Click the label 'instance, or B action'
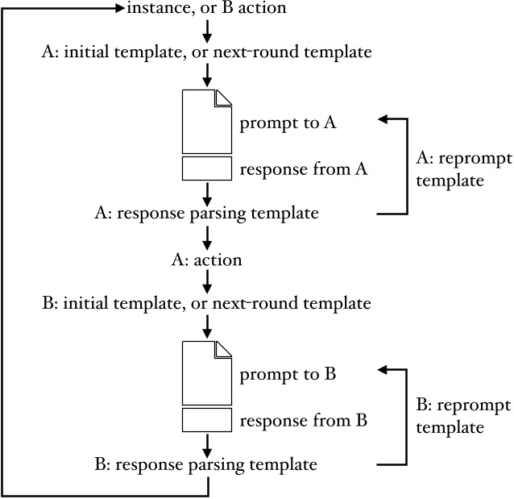click(x=207, y=9)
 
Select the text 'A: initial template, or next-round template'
click(x=207, y=52)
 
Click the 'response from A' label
click(x=304, y=168)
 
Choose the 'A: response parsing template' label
click(x=207, y=214)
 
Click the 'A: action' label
click(x=207, y=260)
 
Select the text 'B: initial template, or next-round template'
click(x=207, y=304)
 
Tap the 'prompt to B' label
click(x=288, y=375)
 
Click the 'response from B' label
click(x=304, y=420)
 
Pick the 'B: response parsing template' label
click(x=207, y=465)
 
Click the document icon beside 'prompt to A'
click(x=207, y=121)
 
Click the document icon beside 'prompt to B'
click(x=207, y=372)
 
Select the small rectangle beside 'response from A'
click(x=207, y=168)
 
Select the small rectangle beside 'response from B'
click(x=207, y=420)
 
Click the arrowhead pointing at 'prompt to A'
click(x=383, y=119)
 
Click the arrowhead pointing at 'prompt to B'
click(x=383, y=370)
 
